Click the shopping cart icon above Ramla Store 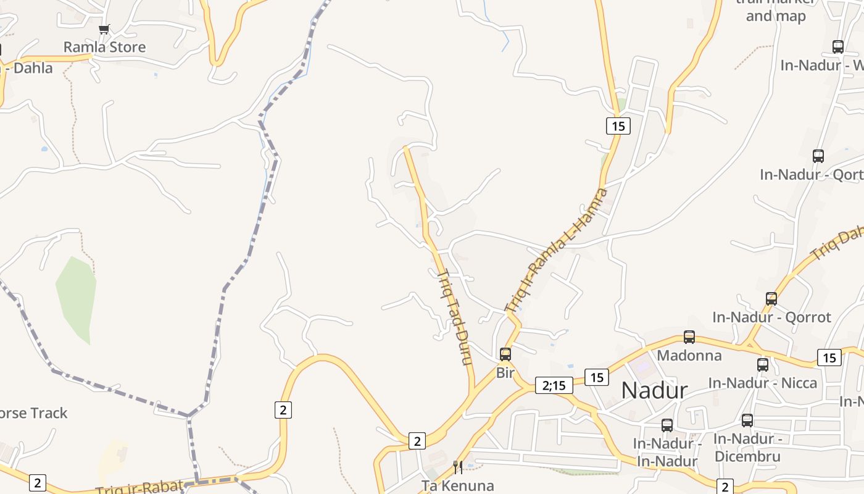tap(104, 29)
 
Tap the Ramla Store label tap(104, 47)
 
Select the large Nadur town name tap(654, 390)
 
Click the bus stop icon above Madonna tap(689, 337)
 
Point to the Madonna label tap(689, 356)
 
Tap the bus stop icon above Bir tap(505, 354)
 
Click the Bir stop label tap(505, 373)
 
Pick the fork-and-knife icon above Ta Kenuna tap(458, 467)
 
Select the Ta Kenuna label tap(458, 485)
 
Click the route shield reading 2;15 tap(554, 385)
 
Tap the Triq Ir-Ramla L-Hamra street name tap(556, 249)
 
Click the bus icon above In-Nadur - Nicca tap(763, 365)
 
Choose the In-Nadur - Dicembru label tap(747, 448)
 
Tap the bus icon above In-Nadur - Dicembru tap(747, 421)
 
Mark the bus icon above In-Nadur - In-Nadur tap(667, 425)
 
